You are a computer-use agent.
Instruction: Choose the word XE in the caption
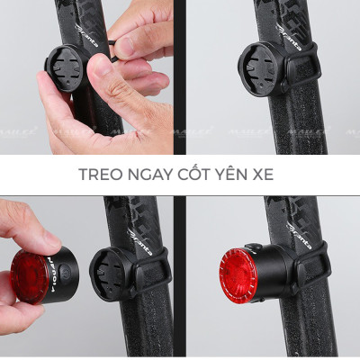[264, 174]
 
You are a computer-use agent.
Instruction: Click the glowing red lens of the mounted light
[238, 274]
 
